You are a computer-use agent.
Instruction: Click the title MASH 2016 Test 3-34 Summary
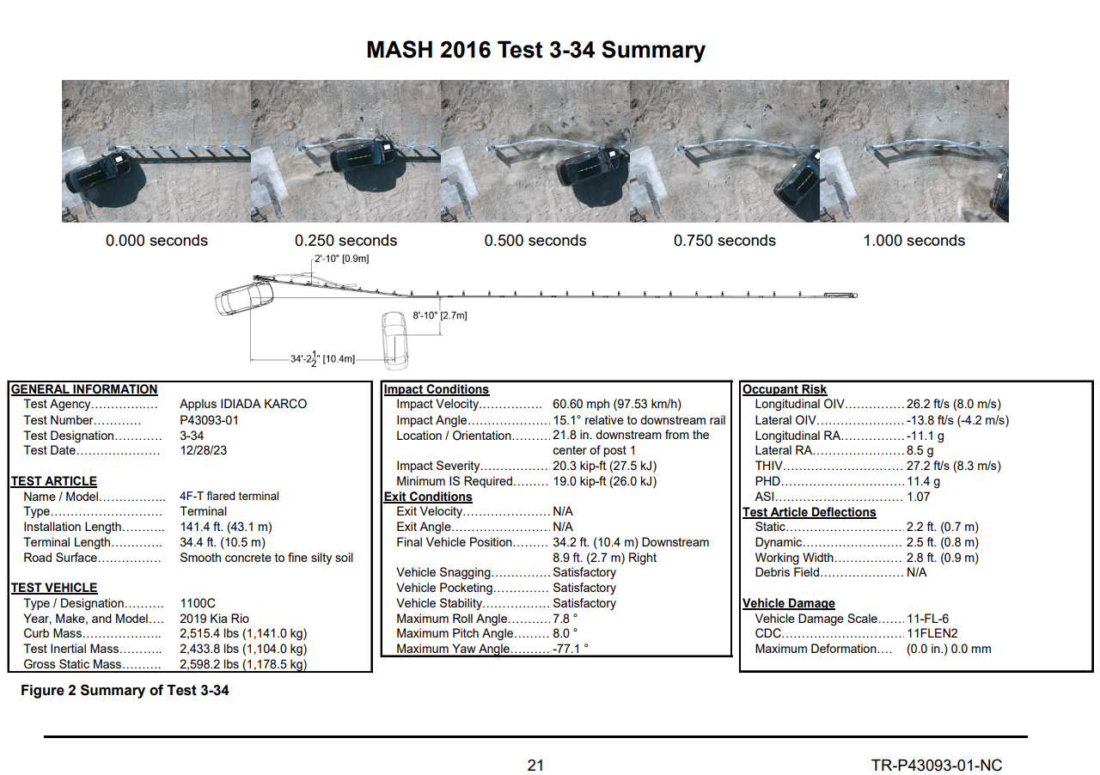coord(535,50)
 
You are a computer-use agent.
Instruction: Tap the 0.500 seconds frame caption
coord(535,241)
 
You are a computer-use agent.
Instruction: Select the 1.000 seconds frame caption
coord(914,241)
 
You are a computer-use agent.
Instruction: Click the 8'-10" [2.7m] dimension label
coord(440,315)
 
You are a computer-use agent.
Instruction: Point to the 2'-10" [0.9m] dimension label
coord(342,258)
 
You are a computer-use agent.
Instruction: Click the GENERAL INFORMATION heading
coord(84,389)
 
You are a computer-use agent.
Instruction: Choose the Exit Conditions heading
coord(428,497)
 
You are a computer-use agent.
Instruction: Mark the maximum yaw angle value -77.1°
coord(571,650)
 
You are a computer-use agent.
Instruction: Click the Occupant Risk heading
coord(785,389)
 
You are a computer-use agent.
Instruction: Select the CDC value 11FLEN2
coord(932,634)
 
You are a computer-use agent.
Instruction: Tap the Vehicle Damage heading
coord(788,603)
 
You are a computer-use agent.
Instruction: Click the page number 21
coord(535,766)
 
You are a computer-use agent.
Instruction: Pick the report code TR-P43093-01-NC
coord(936,766)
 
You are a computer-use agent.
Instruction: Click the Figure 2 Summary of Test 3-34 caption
coord(125,690)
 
